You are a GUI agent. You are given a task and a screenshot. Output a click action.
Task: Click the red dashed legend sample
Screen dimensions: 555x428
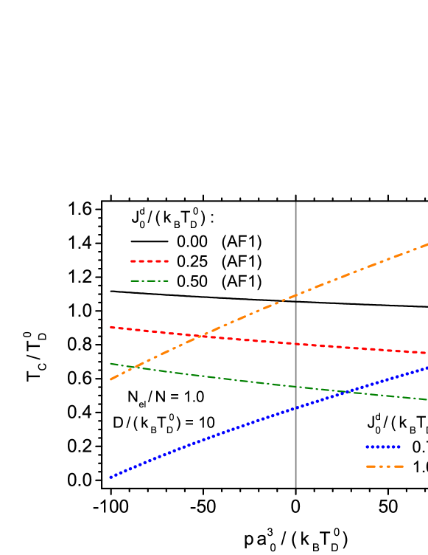[x=150, y=261]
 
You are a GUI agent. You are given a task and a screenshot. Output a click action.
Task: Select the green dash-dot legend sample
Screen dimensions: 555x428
[x=150, y=281]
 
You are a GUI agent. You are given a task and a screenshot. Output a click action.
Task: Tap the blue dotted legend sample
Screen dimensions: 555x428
[x=383, y=447]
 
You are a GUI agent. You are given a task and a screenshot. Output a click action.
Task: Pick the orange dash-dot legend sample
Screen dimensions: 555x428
[x=385, y=466]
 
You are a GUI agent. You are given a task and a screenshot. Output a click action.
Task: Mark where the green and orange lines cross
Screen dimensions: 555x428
[x=130, y=367]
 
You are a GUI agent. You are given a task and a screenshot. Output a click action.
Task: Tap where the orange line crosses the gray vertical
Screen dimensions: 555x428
[x=295, y=297]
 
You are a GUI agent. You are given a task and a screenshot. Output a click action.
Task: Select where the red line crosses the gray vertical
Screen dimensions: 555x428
[x=295, y=344]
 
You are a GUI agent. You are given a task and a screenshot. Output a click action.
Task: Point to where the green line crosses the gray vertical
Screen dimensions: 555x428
[x=295, y=386]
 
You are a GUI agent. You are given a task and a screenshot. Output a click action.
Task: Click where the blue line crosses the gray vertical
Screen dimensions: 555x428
[x=295, y=409]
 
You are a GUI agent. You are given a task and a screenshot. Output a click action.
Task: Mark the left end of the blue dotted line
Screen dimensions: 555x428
[x=110, y=478]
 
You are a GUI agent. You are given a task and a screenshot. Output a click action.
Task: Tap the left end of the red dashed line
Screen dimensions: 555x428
[x=110, y=327]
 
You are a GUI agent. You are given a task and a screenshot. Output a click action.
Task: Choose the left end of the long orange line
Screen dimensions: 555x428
[x=110, y=379]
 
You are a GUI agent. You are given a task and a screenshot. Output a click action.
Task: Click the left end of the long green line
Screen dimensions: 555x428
[x=110, y=363]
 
